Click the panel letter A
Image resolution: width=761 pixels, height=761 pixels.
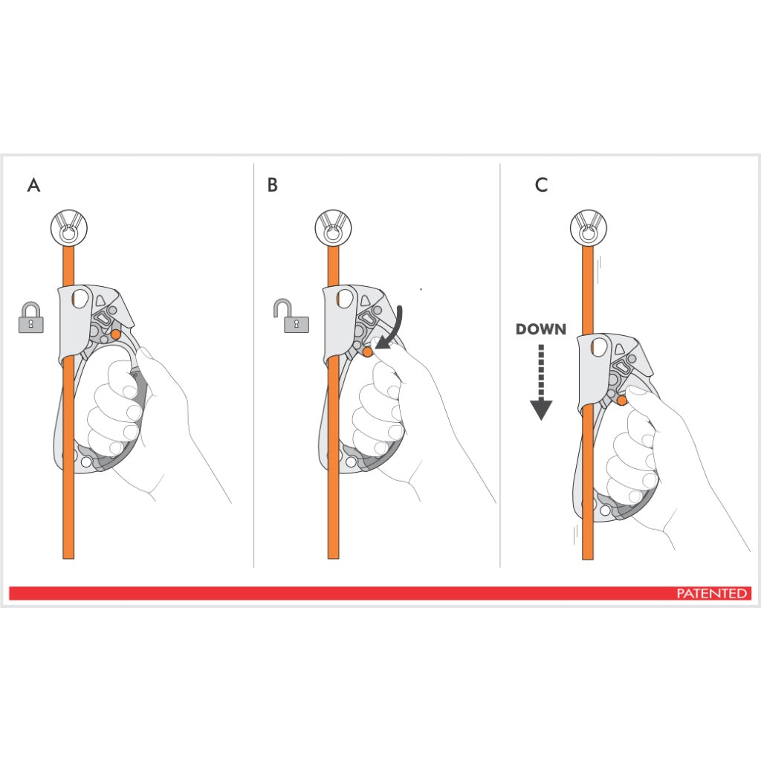[x=33, y=185]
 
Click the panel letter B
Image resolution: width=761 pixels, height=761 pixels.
[x=273, y=185]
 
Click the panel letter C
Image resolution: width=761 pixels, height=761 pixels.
[x=541, y=185]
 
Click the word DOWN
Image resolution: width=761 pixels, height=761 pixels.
[x=540, y=329]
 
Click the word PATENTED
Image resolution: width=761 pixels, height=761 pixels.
[x=711, y=593]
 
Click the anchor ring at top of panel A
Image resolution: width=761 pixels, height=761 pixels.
[x=68, y=227]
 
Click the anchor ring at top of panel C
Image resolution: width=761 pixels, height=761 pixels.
[x=588, y=227]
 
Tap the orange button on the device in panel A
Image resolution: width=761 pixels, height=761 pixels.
[x=115, y=334]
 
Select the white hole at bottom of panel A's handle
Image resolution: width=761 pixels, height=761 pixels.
[x=86, y=462]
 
